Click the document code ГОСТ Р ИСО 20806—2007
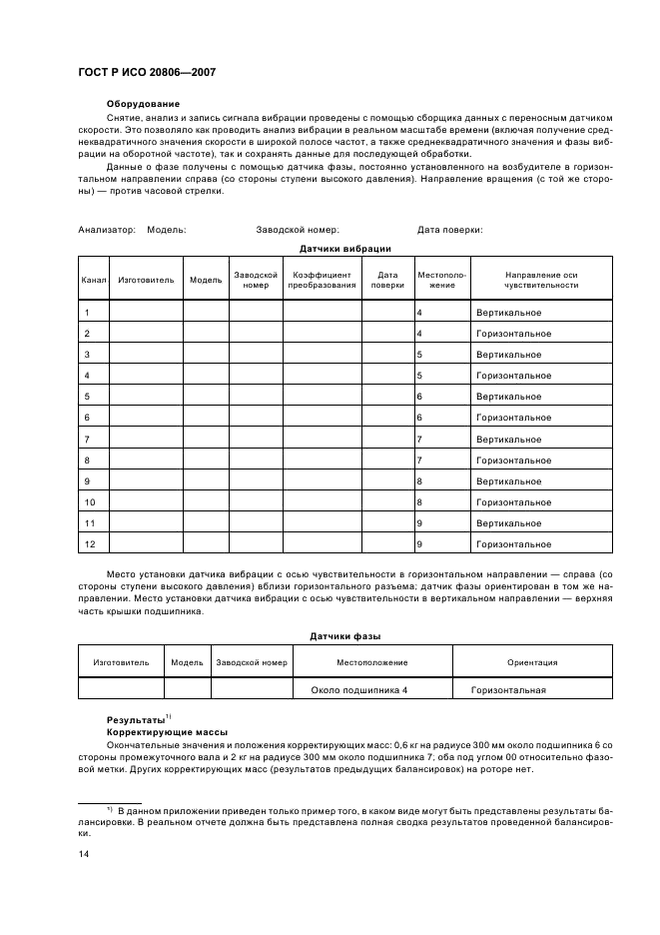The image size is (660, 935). point(146,73)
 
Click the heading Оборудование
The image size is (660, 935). point(143,104)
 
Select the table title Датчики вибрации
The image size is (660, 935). point(344,248)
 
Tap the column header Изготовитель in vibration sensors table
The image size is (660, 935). point(145,280)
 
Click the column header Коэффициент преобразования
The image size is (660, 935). point(322,280)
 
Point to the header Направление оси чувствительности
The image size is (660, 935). point(541,280)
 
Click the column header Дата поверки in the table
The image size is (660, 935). point(387,280)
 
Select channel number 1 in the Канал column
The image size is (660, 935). point(88,313)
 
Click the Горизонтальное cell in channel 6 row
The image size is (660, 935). point(513,418)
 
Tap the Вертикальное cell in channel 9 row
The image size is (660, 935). point(508,481)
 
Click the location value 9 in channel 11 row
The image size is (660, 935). point(419,523)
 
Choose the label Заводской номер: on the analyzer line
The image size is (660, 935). point(298,230)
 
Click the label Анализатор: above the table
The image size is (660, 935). point(107,230)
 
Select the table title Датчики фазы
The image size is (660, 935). point(344,635)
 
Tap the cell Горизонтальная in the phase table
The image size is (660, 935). point(508,690)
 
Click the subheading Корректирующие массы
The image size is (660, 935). point(167,731)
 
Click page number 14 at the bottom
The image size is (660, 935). point(84,854)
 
